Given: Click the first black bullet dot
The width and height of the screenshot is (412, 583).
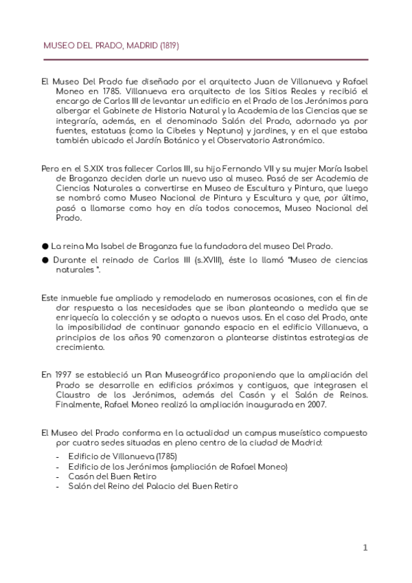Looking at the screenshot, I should click(45, 245).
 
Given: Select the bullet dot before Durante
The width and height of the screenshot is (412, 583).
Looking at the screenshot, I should click(45, 260).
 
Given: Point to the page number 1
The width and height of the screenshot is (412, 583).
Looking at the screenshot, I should click(366, 547).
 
